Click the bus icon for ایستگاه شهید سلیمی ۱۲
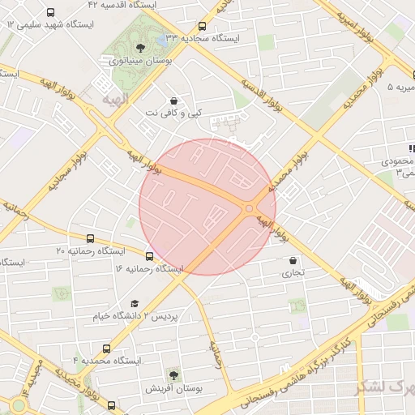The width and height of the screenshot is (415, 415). (51, 13)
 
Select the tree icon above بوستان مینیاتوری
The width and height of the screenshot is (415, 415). (142, 48)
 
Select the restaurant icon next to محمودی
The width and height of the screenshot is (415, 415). (412, 148)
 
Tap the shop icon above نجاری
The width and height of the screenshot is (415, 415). (293, 261)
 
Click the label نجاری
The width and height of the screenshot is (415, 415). (293, 273)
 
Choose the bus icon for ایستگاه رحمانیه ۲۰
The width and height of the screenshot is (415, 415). (90, 239)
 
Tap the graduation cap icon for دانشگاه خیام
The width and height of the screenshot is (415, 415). (135, 303)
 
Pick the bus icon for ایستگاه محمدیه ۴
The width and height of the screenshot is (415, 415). (106, 349)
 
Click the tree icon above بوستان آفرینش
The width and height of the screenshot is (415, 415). (173, 375)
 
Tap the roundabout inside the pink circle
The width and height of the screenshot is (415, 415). (249, 208)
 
